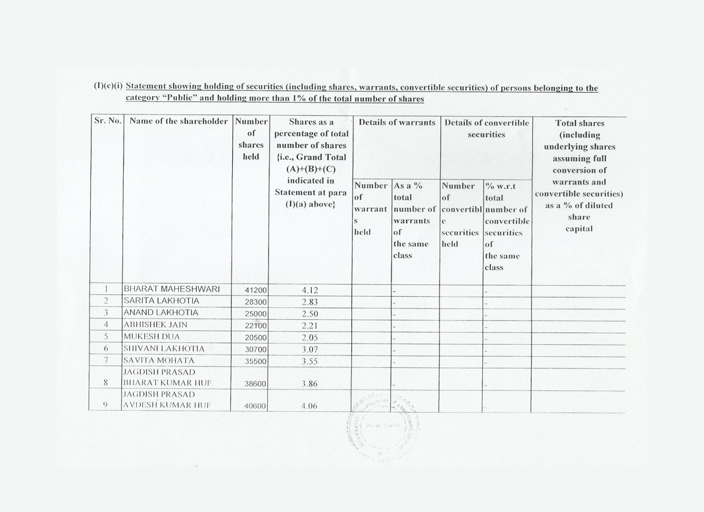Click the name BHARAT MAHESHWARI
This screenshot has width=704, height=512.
coord(172,290)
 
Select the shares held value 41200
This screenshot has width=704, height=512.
coord(255,290)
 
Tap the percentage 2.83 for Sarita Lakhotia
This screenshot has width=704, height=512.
coord(310,301)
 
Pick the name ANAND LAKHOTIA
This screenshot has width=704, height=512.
coord(161,313)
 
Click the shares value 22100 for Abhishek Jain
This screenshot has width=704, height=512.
coord(255,325)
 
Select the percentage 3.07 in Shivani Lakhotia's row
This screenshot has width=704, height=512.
coord(310,349)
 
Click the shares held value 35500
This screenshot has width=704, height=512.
coord(255,361)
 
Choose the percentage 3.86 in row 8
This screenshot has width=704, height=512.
coord(310,383)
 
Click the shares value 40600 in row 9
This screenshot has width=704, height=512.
coord(255,407)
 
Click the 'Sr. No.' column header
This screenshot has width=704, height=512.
coord(108,122)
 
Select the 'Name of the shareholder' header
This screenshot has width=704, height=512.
coord(178,122)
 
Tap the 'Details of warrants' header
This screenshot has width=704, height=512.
coord(397,122)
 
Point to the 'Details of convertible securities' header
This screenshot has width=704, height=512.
coord(486,128)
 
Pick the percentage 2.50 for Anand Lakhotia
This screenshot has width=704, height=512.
coord(310,313)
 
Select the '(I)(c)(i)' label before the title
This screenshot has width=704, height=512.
coord(108,88)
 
